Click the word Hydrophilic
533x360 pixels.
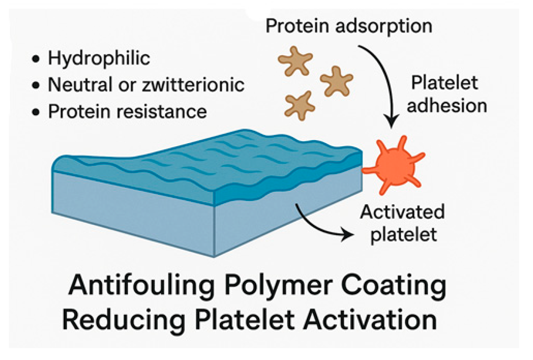[x=99, y=59]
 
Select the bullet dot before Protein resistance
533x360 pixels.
[x=36, y=112]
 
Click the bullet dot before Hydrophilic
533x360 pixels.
[x=36, y=59]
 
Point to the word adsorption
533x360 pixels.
[x=384, y=26]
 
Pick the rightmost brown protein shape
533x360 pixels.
[x=336, y=81]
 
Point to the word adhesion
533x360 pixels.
[x=447, y=106]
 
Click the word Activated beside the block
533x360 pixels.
[x=402, y=212]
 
